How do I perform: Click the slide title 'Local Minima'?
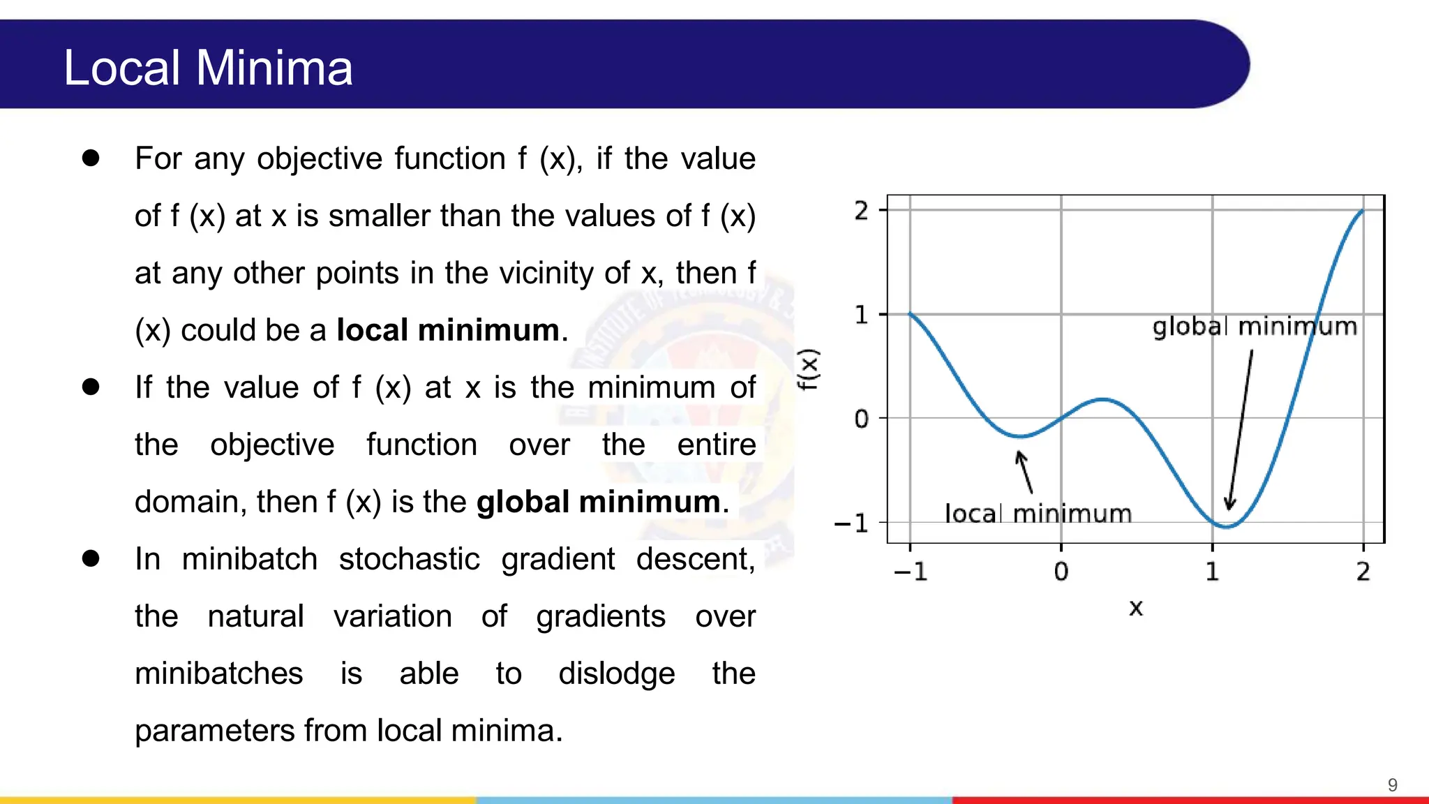pyautogui.click(x=208, y=68)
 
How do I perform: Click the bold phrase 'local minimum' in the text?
pyautogui.click(x=448, y=330)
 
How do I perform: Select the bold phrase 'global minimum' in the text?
pyautogui.click(x=598, y=502)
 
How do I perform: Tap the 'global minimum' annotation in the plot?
pyautogui.click(x=1254, y=327)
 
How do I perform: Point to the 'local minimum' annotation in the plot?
pyautogui.click(x=1038, y=514)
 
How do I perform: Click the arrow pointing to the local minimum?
pyautogui.click(x=1024, y=472)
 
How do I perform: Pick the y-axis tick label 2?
pyautogui.click(x=862, y=210)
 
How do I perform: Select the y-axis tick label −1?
pyautogui.click(x=852, y=523)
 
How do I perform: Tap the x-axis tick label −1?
pyautogui.click(x=911, y=572)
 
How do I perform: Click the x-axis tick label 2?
pyautogui.click(x=1363, y=572)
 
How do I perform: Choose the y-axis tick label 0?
pyautogui.click(x=862, y=419)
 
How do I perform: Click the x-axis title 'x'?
pyautogui.click(x=1136, y=608)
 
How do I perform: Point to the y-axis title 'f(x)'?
pyautogui.click(x=809, y=369)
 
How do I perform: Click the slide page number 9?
pyautogui.click(x=1392, y=785)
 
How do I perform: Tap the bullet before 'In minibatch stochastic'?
pyautogui.click(x=91, y=558)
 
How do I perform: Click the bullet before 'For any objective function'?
pyautogui.click(x=91, y=158)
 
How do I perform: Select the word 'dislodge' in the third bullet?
pyautogui.click(x=617, y=674)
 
